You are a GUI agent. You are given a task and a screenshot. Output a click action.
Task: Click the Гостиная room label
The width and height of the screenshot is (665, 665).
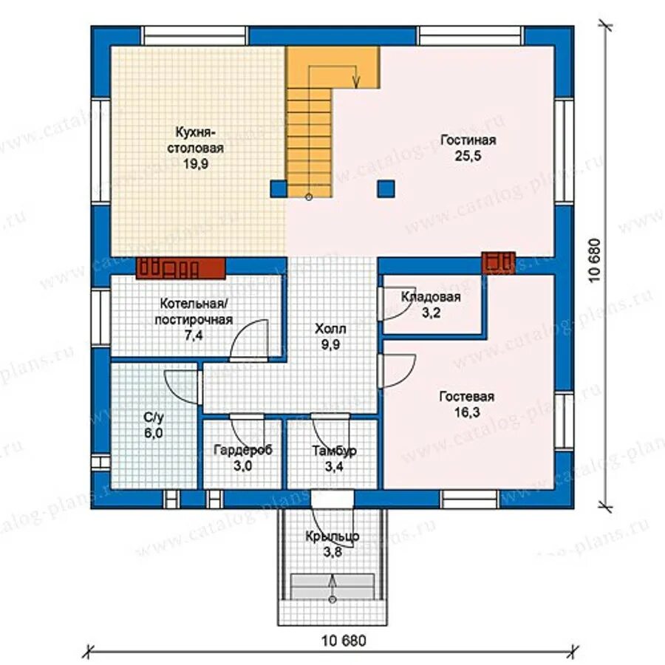468,140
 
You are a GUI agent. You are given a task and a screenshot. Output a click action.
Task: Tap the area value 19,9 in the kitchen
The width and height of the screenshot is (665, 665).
196,164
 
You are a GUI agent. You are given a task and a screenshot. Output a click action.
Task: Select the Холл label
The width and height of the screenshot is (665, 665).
330,329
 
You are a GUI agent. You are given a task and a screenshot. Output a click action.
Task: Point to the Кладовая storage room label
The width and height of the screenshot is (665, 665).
431,297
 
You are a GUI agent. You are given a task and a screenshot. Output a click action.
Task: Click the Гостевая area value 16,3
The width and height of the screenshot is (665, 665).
468,412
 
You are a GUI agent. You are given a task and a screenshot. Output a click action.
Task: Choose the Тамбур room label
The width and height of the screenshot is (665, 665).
334,451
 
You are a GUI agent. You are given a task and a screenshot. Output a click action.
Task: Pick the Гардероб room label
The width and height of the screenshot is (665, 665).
242,451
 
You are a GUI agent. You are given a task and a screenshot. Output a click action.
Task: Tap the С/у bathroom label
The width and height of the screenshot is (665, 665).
154,417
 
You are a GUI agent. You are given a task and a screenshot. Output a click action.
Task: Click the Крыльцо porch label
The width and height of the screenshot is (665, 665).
332,536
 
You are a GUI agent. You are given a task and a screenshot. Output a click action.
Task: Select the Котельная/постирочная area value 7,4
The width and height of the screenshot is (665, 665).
194,335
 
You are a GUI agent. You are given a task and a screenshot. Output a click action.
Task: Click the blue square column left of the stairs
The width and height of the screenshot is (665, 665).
279,188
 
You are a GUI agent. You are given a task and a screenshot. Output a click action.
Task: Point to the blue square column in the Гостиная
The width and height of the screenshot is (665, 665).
386,188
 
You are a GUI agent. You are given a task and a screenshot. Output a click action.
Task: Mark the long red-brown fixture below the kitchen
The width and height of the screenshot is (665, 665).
181,268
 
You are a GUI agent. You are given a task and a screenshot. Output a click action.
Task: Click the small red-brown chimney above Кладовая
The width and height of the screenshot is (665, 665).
498,263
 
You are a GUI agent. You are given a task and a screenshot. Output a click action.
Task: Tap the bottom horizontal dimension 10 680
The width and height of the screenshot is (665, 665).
344,641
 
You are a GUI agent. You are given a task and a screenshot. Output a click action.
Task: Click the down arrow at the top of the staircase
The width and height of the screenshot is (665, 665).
356,82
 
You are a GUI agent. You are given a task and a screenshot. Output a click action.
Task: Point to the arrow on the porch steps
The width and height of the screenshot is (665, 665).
332,587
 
